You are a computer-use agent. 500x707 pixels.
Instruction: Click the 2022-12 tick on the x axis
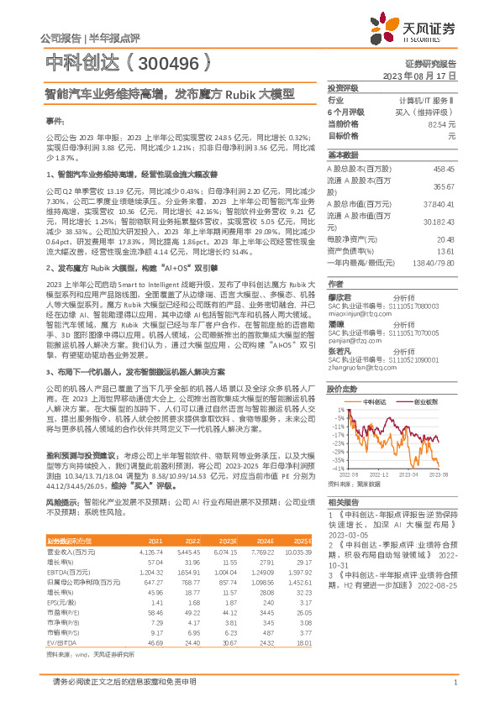click(x=380, y=475)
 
